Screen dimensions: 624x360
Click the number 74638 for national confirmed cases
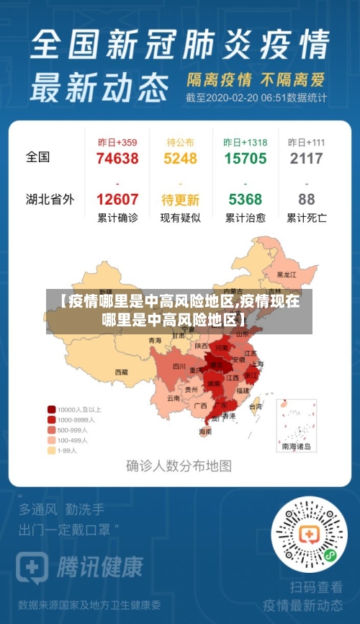click(117, 159)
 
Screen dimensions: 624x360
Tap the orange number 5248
click(180, 159)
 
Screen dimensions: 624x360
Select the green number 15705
click(245, 159)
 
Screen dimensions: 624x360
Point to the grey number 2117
click(306, 159)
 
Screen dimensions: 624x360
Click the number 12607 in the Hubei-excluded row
click(117, 200)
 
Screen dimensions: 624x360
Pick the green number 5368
click(245, 200)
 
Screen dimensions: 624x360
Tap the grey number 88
click(306, 200)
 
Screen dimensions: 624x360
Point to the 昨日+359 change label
click(117, 143)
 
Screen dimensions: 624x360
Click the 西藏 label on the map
click(120, 373)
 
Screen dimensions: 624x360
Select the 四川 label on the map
click(179, 367)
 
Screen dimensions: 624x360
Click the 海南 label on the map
click(205, 432)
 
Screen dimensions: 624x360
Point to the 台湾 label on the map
click(256, 406)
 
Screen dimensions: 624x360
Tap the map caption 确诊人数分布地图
click(179, 465)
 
